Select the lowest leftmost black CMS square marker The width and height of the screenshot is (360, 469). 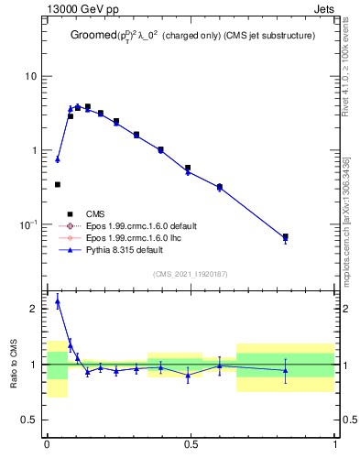(58, 184)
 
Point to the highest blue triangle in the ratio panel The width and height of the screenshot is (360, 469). (58, 300)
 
